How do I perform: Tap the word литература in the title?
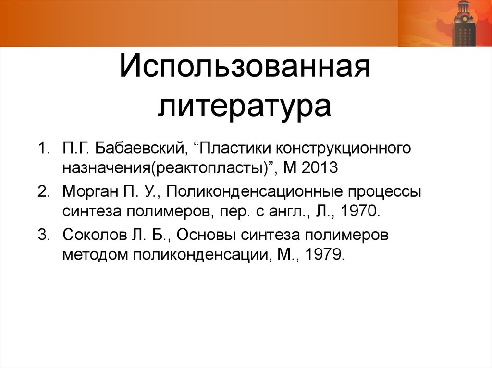tap(245, 107)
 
